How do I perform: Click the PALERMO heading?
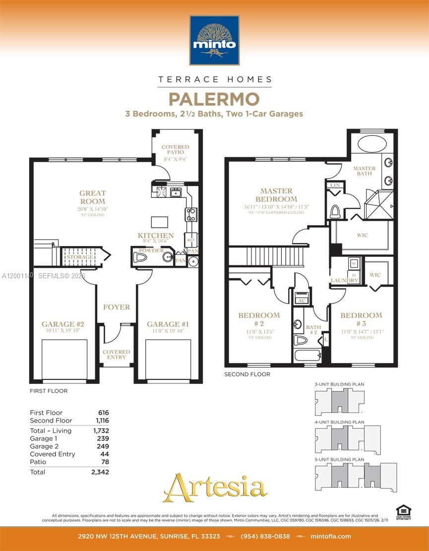[x=214, y=99]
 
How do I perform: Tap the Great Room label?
[x=93, y=197]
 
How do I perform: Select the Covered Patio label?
[x=175, y=150]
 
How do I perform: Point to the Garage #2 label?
[x=61, y=324]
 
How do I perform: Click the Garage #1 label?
[x=168, y=324]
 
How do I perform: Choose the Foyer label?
[x=117, y=307]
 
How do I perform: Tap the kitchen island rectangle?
[x=160, y=221]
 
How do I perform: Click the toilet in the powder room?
[x=141, y=258]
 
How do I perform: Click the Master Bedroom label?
[x=276, y=194]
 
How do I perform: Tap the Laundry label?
[x=345, y=281]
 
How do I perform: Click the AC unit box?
[x=301, y=300]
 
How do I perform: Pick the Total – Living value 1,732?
[x=101, y=430]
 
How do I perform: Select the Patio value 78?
[x=105, y=462]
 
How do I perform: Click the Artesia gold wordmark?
[x=215, y=488]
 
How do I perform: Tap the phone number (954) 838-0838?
[x=265, y=536]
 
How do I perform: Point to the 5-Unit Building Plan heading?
[x=339, y=460]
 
